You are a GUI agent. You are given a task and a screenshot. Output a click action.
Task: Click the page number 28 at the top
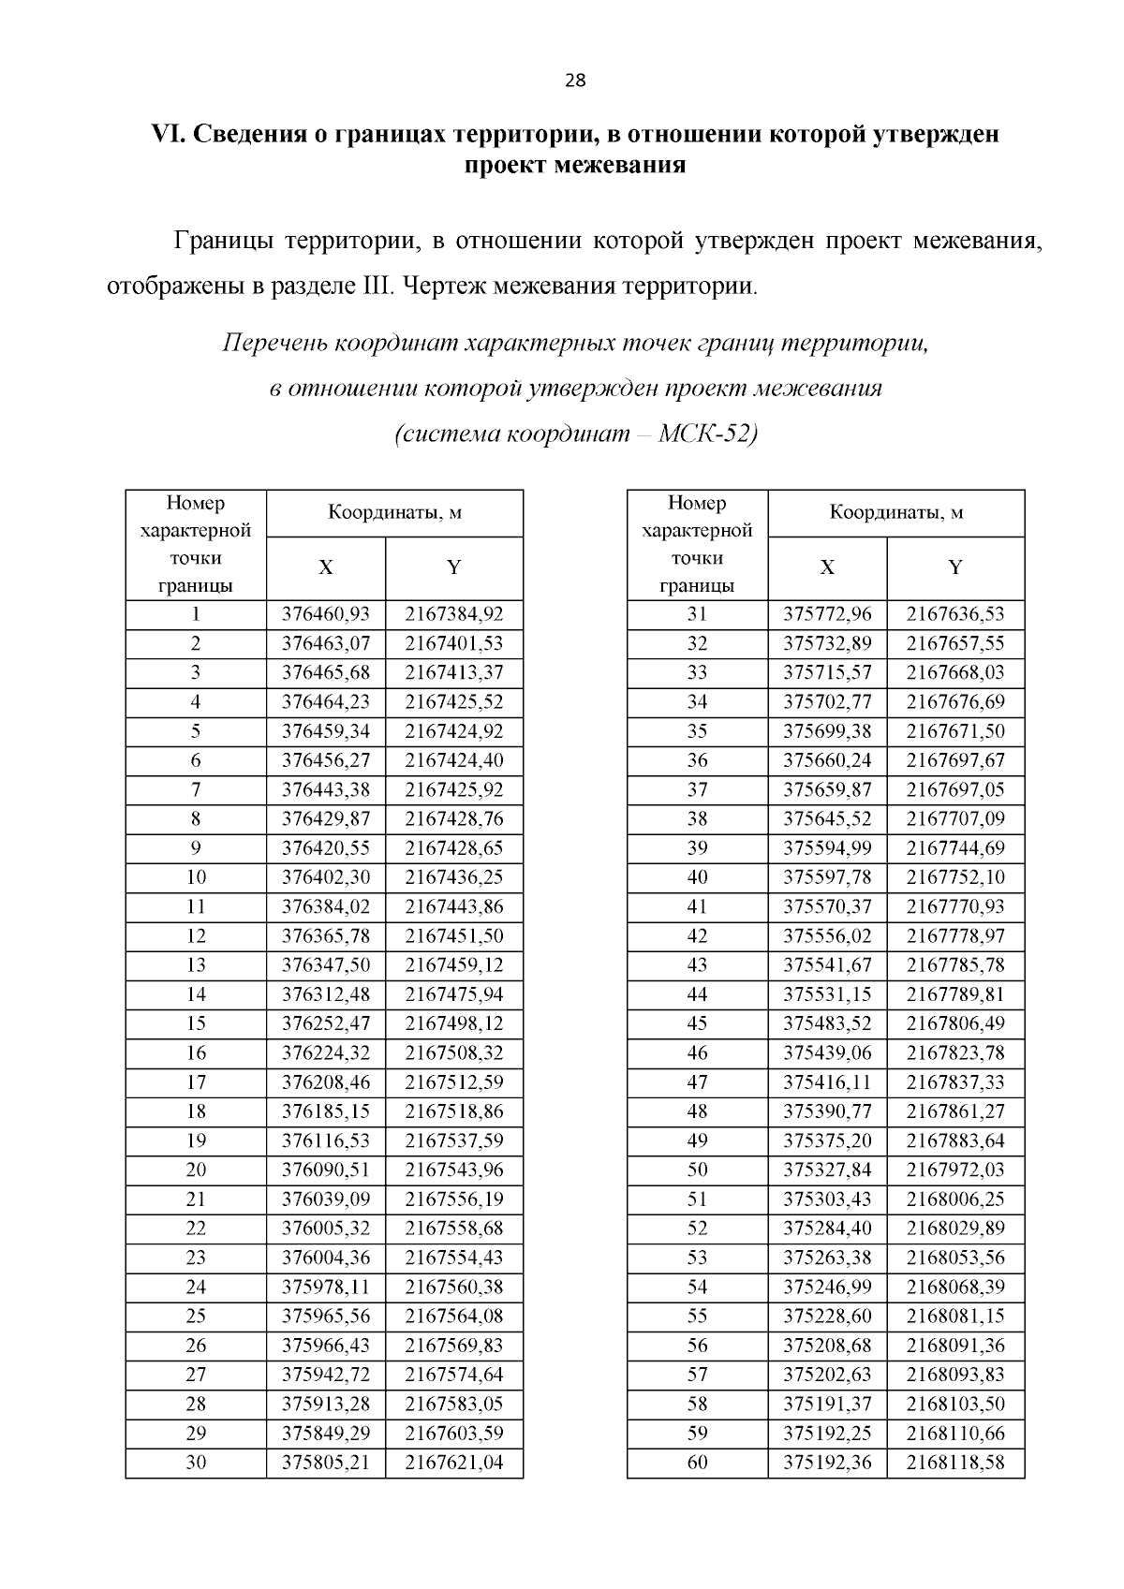click(x=575, y=81)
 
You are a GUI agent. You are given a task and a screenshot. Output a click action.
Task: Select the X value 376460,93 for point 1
click(x=326, y=614)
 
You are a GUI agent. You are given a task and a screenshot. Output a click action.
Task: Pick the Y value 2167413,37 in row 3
click(x=454, y=672)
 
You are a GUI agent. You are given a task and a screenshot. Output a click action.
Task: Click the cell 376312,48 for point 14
click(x=326, y=994)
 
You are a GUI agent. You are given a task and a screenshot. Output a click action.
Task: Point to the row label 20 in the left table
click(x=196, y=1170)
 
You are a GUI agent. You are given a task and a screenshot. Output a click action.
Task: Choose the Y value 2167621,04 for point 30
click(x=454, y=1462)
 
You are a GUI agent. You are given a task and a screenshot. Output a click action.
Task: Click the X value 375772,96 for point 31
click(x=827, y=614)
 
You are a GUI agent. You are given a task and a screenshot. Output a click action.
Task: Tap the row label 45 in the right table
click(x=698, y=1023)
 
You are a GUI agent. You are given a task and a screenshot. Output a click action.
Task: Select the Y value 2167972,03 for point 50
click(x=955, y=1170)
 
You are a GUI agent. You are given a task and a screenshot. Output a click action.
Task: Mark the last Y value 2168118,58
click(x=955, y=1462)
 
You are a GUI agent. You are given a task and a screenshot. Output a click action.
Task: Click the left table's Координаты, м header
click(x=394, y=513)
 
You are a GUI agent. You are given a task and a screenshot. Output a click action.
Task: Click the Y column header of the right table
click(x=955, y=567)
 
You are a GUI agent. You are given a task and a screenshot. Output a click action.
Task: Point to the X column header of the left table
click(x=326, y=567)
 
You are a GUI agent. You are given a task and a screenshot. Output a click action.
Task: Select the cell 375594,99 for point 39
click(x=827, y=848)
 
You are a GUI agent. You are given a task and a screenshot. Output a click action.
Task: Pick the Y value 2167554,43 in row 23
click(x=454, y=1258)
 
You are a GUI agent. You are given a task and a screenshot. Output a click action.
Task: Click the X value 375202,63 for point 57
click(x=827, y=1375)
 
